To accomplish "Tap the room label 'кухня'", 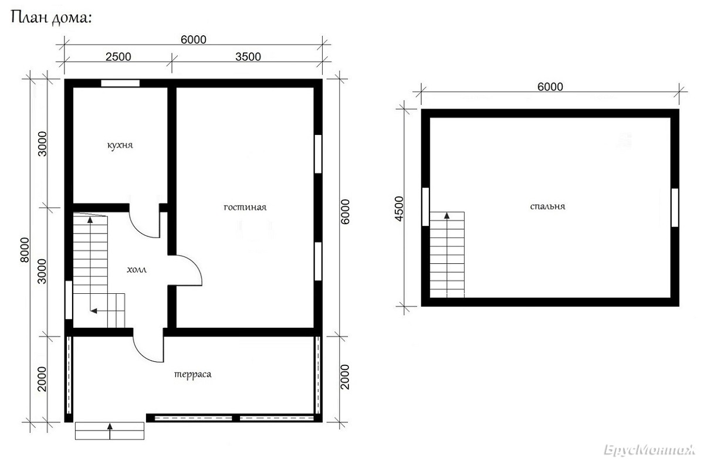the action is (x=120, y=145).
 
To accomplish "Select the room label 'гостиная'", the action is (x=245, y=208).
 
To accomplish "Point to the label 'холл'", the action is (x=137, y=270).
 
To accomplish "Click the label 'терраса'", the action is (x=192, y=374).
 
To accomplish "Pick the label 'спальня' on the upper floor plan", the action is (x=547, y=206).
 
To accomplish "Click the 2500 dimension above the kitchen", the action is (x=118, y=57).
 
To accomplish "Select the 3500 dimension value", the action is (x=248, y=57).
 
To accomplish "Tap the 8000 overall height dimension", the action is (x=25, y=250).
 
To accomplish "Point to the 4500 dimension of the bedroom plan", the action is (x=399, y=209).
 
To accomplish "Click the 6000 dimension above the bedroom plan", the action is (x=550, y=87).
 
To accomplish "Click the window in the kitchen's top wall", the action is (x=120, y=83).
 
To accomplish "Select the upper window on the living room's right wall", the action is (x=318, y=154).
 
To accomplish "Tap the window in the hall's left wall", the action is (x=69, y=300).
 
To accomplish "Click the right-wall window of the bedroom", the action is (x=675, y=208).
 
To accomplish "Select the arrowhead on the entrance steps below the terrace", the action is (x=110, y=426).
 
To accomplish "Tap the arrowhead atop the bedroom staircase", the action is (x=446, y=216).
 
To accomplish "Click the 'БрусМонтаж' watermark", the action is (x=649, y=450).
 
